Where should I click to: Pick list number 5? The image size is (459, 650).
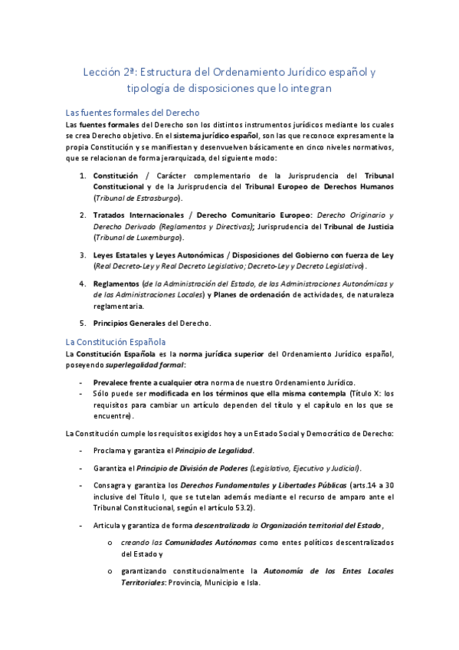(x=84, y=322)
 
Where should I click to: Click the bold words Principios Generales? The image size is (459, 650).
(x=129, y=322)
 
